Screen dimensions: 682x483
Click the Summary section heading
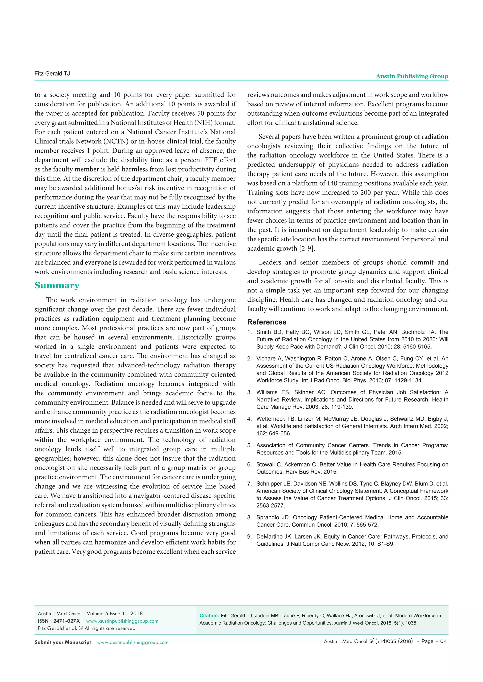click(x=57, y=285)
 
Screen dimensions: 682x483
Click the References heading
click(x=267, y=322)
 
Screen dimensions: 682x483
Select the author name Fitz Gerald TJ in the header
click(x=52, y=73)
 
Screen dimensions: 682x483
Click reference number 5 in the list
click(x=250, y=445)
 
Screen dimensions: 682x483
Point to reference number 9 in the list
click(x=250, y=536)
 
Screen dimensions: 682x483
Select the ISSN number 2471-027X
click(x=67, y=621)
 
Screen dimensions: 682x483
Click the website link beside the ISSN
click(x=122, y=621)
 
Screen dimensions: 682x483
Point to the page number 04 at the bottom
click(x=443, y=641)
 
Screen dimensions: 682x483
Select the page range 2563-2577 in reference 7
click(x=270, y=505)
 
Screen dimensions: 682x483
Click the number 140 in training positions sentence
click(x=332, y=183)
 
